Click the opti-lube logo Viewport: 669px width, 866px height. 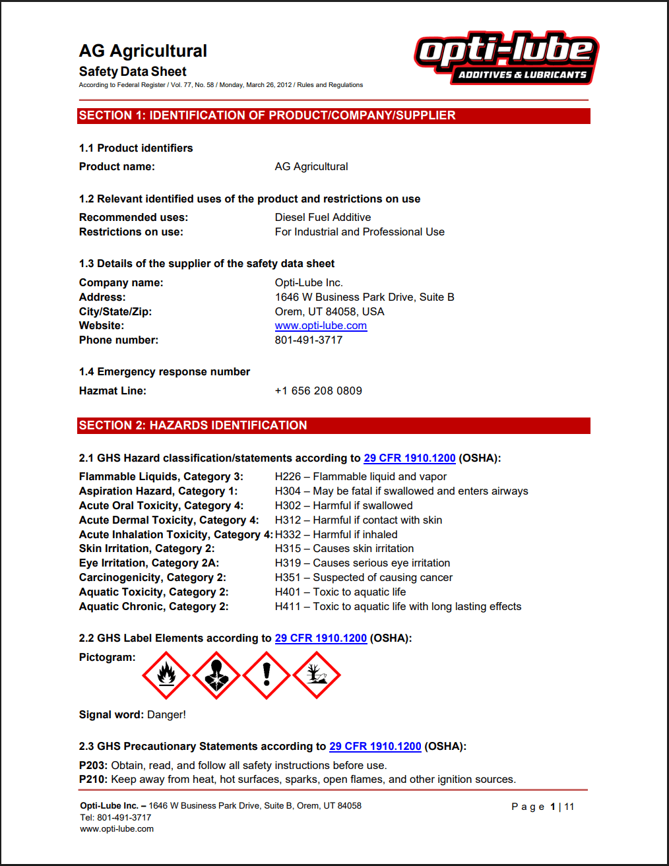506,58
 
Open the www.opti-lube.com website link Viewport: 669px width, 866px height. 321,326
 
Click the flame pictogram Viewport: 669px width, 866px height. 166,675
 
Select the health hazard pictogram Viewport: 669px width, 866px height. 216,675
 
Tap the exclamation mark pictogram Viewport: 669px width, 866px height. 267,675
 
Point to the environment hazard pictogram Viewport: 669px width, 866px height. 317,675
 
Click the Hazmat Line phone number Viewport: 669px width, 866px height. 318,391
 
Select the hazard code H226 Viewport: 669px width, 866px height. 288,477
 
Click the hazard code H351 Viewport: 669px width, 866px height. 288,578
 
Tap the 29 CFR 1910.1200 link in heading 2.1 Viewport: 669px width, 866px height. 409,458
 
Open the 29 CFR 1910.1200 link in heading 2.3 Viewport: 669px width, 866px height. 375,747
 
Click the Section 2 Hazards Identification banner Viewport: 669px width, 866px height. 333,425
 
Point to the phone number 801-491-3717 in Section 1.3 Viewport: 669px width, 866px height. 308,340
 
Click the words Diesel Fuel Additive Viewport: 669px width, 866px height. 323,218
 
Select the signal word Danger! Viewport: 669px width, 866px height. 166,715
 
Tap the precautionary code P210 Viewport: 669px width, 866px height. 93,780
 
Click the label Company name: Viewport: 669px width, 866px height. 121,283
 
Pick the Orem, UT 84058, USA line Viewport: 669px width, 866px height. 329,312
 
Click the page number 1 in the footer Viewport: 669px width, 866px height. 553,807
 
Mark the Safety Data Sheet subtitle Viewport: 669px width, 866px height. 133,72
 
